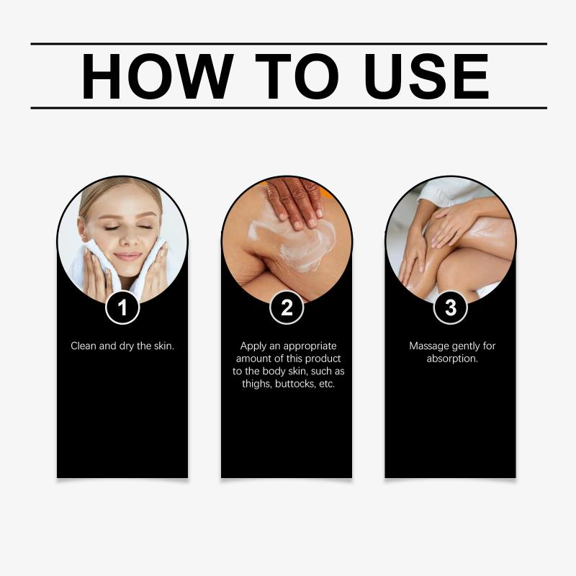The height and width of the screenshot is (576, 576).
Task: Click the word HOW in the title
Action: [x=157, y=76]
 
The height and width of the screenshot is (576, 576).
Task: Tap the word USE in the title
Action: [x=427, y=76]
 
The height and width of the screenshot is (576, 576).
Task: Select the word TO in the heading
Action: [x=297, y=76]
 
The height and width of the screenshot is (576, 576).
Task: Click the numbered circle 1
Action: [x=122, y=307]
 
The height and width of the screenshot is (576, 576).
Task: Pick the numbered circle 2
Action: [x=287, y=307]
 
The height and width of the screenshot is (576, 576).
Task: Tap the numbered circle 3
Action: [x=451, y=307]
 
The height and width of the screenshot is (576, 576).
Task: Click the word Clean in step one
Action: [x=84, y=346]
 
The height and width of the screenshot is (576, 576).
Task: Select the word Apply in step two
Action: [x=253, y=346]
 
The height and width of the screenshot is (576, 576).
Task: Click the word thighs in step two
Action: [x=257, y=384]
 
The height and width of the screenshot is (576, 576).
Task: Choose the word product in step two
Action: [x=323, y=359]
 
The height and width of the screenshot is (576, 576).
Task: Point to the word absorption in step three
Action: [x=452, y=359]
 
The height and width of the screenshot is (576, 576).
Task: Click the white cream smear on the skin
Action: [x=294, y=244]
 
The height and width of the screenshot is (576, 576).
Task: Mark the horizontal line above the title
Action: [x=289, y=44]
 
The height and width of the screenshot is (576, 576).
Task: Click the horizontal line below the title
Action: [x=289, y=108]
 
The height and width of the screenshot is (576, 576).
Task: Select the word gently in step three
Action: [x=465, y=346]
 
